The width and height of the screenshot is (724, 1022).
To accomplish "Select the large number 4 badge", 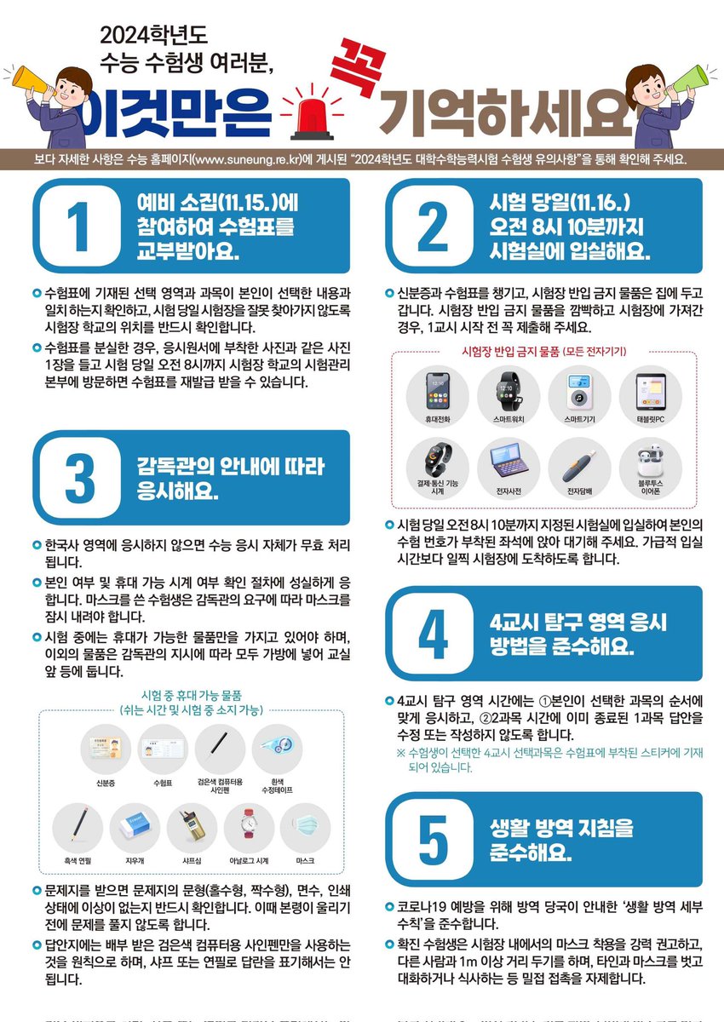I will click(x=433, y=631).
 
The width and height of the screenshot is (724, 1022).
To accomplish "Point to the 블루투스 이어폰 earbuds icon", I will click(x=650, y=460).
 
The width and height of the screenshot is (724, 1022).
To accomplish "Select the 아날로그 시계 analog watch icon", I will click(x=249, y=825).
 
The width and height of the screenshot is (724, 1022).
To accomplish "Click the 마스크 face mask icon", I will click(x=305, y=825).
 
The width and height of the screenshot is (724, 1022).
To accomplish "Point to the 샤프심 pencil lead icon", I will click(x=192, y=825).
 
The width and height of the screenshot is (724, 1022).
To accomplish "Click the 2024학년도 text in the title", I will click(x=154, y=36).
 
